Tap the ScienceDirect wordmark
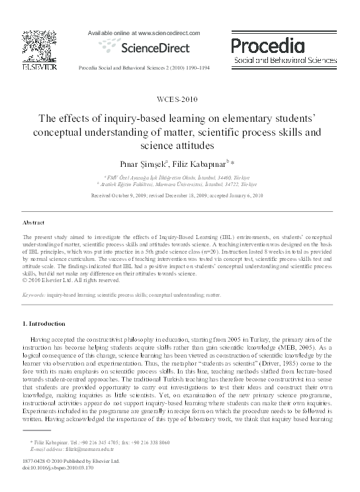point(154,47)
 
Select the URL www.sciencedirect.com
point(168,32)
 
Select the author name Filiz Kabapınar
point(197,162)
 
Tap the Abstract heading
point(34,223)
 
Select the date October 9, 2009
point(124,196)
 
